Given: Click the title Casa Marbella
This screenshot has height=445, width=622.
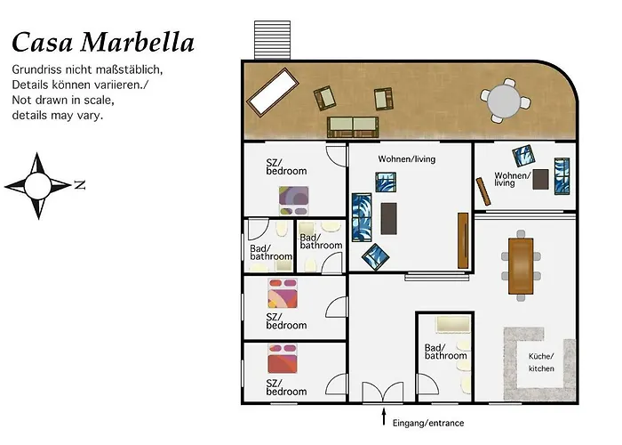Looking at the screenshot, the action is coord(103,42).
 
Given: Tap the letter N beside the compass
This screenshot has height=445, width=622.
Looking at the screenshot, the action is coord(80,185).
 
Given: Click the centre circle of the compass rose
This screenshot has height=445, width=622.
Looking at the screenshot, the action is coord(37,185).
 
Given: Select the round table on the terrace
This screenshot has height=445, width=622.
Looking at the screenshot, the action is coord(504,101).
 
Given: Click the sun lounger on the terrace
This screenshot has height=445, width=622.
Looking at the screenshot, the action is coord(273,93).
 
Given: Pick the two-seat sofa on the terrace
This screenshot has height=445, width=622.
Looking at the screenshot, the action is coord(353,126).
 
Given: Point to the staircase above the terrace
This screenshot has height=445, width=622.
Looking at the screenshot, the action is coord(272,40).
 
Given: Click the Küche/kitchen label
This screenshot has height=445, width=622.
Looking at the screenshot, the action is coord(541,362).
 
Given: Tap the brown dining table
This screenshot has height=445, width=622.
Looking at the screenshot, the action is coord(521,266).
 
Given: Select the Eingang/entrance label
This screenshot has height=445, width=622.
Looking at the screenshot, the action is coord(428,423).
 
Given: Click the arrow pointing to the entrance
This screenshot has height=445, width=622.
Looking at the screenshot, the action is coord(384,417).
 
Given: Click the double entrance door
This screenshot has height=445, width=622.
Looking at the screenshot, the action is coord(383,392).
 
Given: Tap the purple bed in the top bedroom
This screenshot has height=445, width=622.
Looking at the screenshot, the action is coord(293,200).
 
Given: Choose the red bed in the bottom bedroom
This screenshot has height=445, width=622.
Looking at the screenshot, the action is coord(282,359).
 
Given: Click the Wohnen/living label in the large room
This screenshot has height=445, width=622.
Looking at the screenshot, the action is coord(407,159).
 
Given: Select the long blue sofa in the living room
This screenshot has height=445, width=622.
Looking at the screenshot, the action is coord(362,217).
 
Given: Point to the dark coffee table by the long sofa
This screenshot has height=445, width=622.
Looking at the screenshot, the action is coord(389,218).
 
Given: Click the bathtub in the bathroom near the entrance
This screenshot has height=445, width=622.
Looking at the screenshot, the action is coord(453,325).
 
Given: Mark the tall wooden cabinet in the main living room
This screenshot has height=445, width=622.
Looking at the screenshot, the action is coord(463,241).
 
